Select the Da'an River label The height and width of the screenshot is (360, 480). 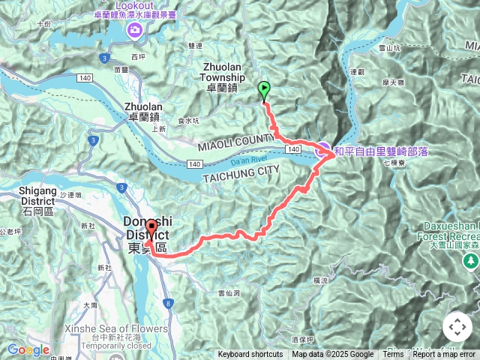click(248, 158)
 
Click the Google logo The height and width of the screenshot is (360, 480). click(28, 350)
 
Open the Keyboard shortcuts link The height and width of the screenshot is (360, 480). click(250, 355)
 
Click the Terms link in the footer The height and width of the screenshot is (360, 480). click(393, 355)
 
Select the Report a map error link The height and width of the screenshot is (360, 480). click(444, 355)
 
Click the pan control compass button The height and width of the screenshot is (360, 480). click(457, 327)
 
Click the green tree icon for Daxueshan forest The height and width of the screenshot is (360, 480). click(471, 262)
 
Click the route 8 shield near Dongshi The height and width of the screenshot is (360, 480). click(167, 282)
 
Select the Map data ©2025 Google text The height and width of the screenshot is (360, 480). click(333, 355)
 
